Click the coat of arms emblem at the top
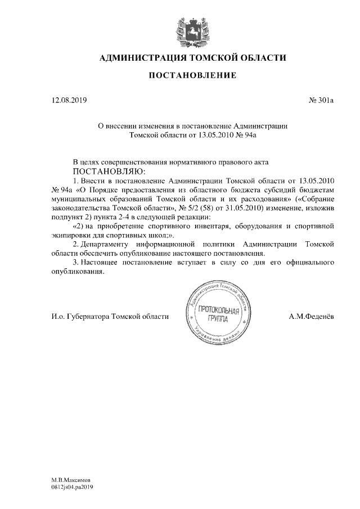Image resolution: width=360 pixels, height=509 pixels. pos(181,30)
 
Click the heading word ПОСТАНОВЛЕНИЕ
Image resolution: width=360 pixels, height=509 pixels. pos(192,75)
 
